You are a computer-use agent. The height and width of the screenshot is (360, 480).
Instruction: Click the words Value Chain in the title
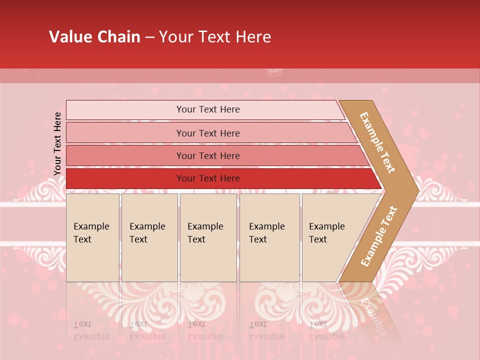coord(94,37)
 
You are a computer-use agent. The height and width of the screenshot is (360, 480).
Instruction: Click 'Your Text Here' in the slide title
coord(215,37)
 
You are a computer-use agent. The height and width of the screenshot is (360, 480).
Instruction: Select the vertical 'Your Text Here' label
coord(57,143)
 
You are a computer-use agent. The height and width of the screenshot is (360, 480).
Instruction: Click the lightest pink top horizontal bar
coord(207,109)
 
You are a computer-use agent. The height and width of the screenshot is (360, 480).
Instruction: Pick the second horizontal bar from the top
coord(207,133)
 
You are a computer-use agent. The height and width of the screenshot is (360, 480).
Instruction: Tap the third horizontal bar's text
coord(207,155)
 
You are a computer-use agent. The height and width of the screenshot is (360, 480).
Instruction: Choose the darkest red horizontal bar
coord(207,178)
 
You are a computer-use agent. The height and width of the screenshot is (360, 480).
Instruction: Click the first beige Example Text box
coord(92,237)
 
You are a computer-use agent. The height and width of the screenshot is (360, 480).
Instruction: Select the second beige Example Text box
coord(149,237)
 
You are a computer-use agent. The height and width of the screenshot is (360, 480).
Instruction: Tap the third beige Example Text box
coord(207,237)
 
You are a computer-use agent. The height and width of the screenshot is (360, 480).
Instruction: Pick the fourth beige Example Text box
coord(269,237)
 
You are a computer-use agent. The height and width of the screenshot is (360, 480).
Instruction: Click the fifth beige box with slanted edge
coord(330,237)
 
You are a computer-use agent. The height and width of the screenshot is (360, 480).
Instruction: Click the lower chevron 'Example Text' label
coord(379,236)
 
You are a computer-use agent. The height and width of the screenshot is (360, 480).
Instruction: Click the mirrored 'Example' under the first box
coord(91,336)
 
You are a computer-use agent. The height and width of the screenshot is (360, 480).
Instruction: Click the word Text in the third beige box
coord(196,239)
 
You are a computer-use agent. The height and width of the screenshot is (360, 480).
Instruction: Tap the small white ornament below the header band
coord(274,72)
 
